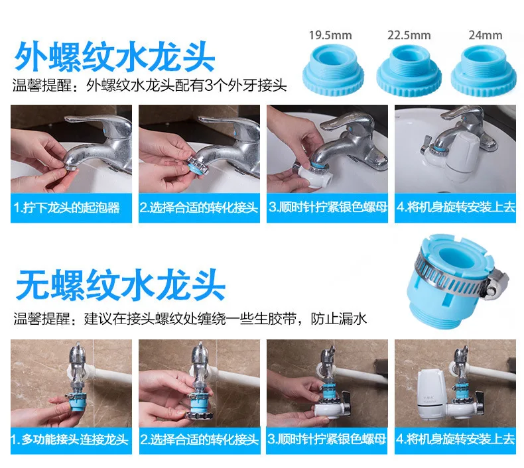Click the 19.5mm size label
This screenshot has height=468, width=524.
pyautogui.click(x=330, y=35)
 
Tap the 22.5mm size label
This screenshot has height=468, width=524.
pyautogui.click(x=409, y=35)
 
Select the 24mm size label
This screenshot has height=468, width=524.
pyautogui.click(x=486, y=35)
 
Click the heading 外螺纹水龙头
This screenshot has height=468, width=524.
pyautogui.click(x=115, y=58)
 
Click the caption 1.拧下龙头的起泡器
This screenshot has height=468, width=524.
pyautogui.click(x=67, y=207)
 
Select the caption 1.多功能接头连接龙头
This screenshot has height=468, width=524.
pyautogui.click(x=70, y=439)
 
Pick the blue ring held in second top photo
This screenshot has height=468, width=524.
pyautogui.click(x=194, y=165)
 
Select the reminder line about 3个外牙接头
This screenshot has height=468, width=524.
pyautogui.click(x=150, y=86)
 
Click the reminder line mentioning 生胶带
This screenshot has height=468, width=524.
pyautogui.click(x=190, y=319)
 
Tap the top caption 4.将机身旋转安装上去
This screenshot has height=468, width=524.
pyautogui.click(x=456, y=207)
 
